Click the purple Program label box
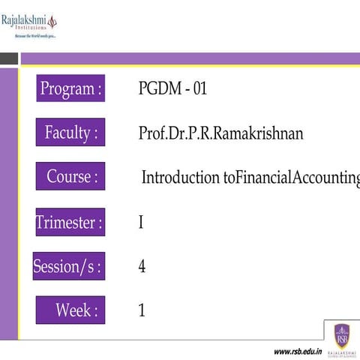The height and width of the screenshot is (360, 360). (70, 88)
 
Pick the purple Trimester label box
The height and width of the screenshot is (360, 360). (70, 222)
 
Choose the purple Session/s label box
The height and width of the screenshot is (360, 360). (68, 265)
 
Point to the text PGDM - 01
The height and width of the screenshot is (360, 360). (172, 88)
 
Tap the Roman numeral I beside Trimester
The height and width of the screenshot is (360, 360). (141, 223)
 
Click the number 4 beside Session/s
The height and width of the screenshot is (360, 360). (142, 266)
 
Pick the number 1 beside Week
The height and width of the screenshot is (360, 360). (141, 310)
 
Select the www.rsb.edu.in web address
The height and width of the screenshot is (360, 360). (297, 351)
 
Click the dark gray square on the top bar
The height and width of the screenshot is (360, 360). (9, 58)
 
